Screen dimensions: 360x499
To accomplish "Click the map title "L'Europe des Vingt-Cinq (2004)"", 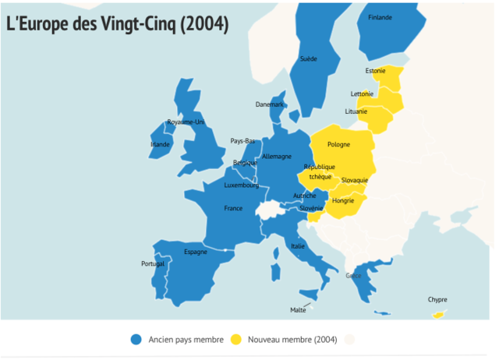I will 117,25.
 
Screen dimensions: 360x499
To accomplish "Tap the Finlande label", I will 380,17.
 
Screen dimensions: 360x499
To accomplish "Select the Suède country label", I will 308,58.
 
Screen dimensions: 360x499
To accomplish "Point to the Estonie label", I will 375,72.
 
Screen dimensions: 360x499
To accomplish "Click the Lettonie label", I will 363,94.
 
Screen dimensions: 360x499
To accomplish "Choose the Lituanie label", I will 356,111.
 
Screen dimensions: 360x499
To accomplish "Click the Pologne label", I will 338,144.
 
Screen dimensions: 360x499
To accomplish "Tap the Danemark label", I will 270,104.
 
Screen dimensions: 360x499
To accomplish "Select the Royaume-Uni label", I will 186,122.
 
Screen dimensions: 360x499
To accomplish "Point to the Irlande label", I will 160,144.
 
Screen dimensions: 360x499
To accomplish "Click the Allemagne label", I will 277,157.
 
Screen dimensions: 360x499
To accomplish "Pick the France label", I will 233,208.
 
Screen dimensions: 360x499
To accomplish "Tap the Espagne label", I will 196,252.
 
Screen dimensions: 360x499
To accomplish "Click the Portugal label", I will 153,264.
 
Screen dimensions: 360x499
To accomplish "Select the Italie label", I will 298,246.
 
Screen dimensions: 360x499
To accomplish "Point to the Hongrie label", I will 343,200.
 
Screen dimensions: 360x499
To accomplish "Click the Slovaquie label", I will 355,180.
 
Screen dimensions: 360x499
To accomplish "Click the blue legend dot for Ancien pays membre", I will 136,339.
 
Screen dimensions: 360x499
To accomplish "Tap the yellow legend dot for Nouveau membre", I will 235,339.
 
